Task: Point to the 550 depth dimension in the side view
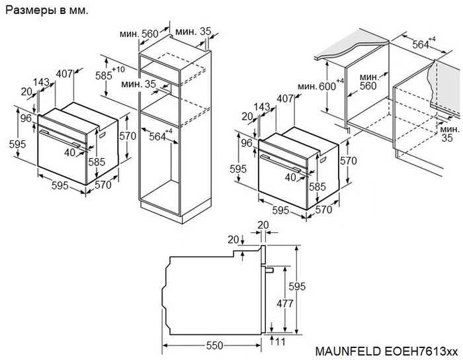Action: point(213,345)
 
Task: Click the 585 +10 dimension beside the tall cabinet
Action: point(105,75)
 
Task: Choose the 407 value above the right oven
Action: point(286,99)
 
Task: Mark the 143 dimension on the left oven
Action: point(41,83)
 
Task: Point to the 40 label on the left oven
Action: point(69,152)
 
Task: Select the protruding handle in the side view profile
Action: point(269,270)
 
